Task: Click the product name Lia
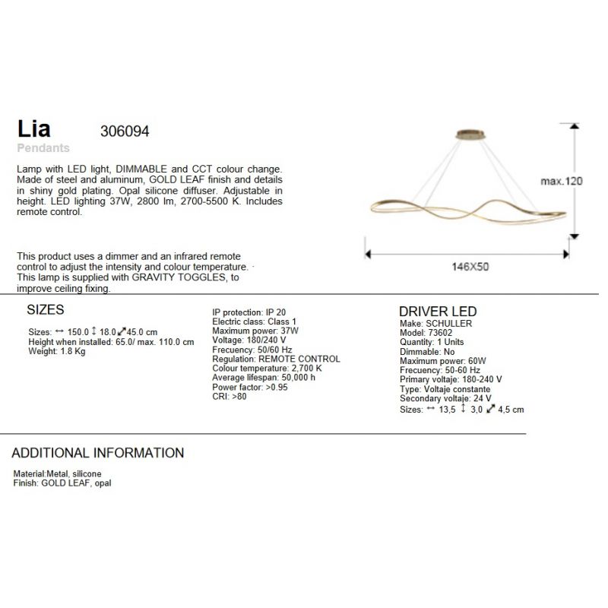click(x=33, y=129)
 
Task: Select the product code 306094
click(x=125, y=131)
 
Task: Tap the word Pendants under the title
click(x=43, y=148)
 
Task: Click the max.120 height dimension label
click(x=561, y=182)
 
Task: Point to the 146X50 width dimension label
click(x=470, y=268)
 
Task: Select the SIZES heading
click(x=46, y=310)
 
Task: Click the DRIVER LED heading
click(x=438, y=312)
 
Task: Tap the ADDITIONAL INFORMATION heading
click(x=97, y=453)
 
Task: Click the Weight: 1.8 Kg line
click(x=57, y=352)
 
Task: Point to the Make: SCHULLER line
click(x=435, y=324)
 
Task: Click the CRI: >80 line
click(x=230, y=397)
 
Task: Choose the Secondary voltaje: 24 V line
click(x=445, y=399)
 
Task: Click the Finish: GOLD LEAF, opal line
click(x=62, y=483)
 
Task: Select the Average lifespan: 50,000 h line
click(x=264, y=378)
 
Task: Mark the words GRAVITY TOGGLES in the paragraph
click(x=179, y=278)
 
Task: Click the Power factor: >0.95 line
click(x=250, y=388)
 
